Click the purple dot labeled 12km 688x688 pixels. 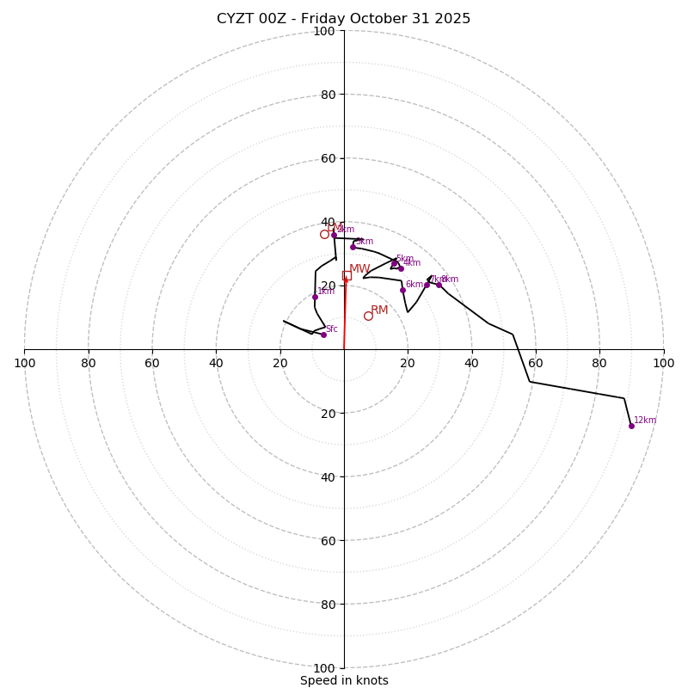tap(631, 426)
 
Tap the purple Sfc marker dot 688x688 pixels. tap(323, 335)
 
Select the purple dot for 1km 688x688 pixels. tap(315, 297)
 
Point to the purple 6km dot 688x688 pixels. tap(402, 290)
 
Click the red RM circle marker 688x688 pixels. tap(368, 316)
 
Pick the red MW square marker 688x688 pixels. tap(347, 275)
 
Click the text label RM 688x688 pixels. tap(379, 310)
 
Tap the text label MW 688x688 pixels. tap(359, 269)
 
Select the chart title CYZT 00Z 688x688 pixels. tap(343, 19)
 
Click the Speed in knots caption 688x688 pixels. tap(344, 680)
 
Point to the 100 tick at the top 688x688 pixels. tap(324, 31)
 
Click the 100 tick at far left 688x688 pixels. tap(24, 363)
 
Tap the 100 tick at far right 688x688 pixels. tap(663, 363)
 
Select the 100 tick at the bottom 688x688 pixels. tap(324, 668)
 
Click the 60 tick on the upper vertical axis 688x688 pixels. tap(324, 158)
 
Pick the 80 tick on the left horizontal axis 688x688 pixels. tap(89, 363)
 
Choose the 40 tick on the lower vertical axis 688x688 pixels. tap(324, 476)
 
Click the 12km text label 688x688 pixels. tap(645, 421)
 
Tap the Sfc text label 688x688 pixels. tap(331, 329)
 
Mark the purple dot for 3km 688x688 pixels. tap(353, 247)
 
